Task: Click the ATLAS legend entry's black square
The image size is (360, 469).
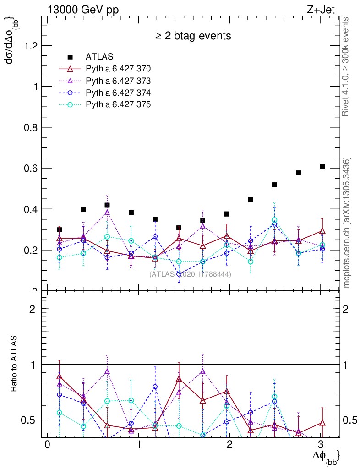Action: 70,57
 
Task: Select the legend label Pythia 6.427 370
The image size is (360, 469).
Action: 118,69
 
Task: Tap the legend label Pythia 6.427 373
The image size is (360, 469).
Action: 118,81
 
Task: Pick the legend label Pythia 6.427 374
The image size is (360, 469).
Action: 118,93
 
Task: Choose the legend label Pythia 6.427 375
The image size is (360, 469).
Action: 118,104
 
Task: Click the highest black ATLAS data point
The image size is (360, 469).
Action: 322,166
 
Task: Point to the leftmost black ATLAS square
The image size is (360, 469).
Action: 60,229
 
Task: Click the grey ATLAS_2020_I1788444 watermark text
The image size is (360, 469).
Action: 190,274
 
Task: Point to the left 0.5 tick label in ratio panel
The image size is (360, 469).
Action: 31,420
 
